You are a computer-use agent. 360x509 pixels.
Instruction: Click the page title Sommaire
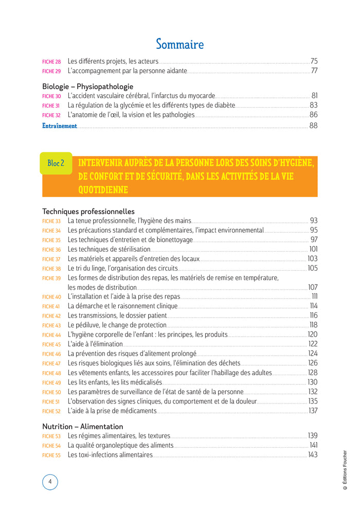(179, 44)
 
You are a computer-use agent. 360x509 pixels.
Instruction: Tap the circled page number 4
(50, 482)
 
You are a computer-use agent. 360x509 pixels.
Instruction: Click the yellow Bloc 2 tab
(56, 163)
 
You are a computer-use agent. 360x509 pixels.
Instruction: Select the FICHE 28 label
(51, 61)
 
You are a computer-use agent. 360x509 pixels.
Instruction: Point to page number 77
(314, 71)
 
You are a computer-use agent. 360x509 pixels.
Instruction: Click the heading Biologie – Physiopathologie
(87, 86)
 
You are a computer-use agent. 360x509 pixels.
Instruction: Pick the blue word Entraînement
(60, 126)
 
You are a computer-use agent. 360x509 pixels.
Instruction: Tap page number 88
(313, 126)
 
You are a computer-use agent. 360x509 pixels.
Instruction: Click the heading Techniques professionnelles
(88, 211)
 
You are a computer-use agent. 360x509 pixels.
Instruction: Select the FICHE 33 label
(51, 221)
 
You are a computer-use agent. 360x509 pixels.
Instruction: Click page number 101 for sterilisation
(313, 249)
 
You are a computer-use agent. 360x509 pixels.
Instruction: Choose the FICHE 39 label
(51, 278)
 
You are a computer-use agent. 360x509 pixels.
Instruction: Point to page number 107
(313, 287)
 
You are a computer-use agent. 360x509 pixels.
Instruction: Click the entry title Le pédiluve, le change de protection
(117, 325)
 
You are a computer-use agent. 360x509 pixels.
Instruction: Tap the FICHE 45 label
(51, 344)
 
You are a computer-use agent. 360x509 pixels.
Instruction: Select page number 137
(313, 411)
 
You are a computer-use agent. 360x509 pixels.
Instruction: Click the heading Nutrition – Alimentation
(83, 427)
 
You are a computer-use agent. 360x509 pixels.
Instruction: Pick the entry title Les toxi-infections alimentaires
(110, 455)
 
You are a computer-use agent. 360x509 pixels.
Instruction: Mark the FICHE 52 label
(51, 411)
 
